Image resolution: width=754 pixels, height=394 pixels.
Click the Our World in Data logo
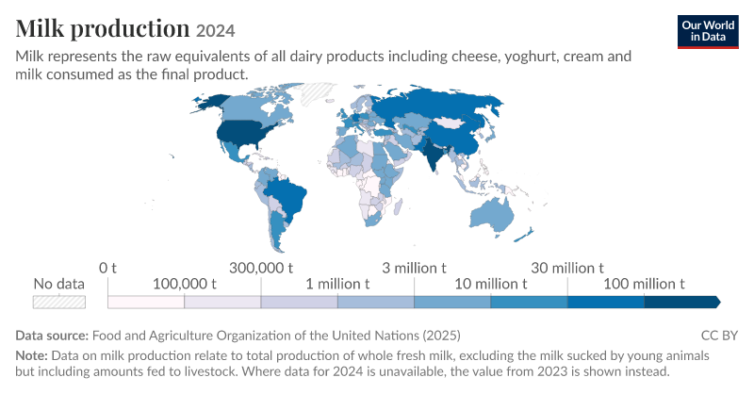pos(708,32)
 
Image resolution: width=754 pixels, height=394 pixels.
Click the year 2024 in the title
pos(216,31)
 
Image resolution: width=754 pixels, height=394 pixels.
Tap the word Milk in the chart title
pos(40,28)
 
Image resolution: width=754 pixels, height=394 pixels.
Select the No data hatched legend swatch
pos(59,303)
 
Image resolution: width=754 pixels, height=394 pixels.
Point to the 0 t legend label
pos(107,268)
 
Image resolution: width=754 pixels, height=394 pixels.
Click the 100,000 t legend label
pos(184,284)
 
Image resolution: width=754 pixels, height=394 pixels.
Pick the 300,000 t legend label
pos(261,268)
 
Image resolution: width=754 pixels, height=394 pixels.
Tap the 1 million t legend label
pos(337,284)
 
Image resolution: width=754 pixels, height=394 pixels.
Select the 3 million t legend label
pos(414,268)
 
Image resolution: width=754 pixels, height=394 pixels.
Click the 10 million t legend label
pos(491,284)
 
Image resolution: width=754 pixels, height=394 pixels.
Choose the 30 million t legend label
pos(567,268)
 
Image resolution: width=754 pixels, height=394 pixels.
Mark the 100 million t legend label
pos(644,284)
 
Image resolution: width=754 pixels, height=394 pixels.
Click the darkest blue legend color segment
pos(681,303)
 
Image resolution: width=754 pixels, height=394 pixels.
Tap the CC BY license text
pos(719,336)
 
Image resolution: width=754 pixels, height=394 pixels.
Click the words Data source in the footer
pos(52,336)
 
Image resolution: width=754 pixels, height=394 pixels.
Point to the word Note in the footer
pos(32,355)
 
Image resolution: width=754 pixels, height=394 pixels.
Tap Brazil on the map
pos(286,198)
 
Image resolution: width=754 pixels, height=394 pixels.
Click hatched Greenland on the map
pos(317,93)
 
